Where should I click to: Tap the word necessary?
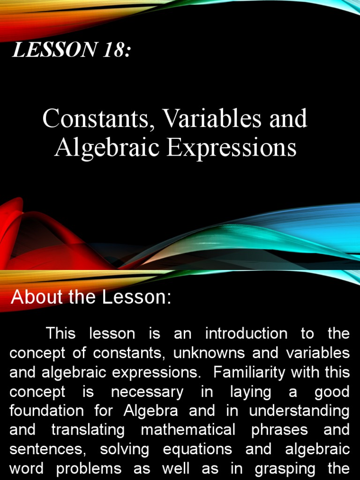click(x=147, y=391)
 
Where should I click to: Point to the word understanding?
click(x=299, y=411)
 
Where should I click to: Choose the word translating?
click(x=89, y=430)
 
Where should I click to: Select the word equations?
click(x=197, y=449)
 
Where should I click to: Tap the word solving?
click(x=124, y=449)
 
